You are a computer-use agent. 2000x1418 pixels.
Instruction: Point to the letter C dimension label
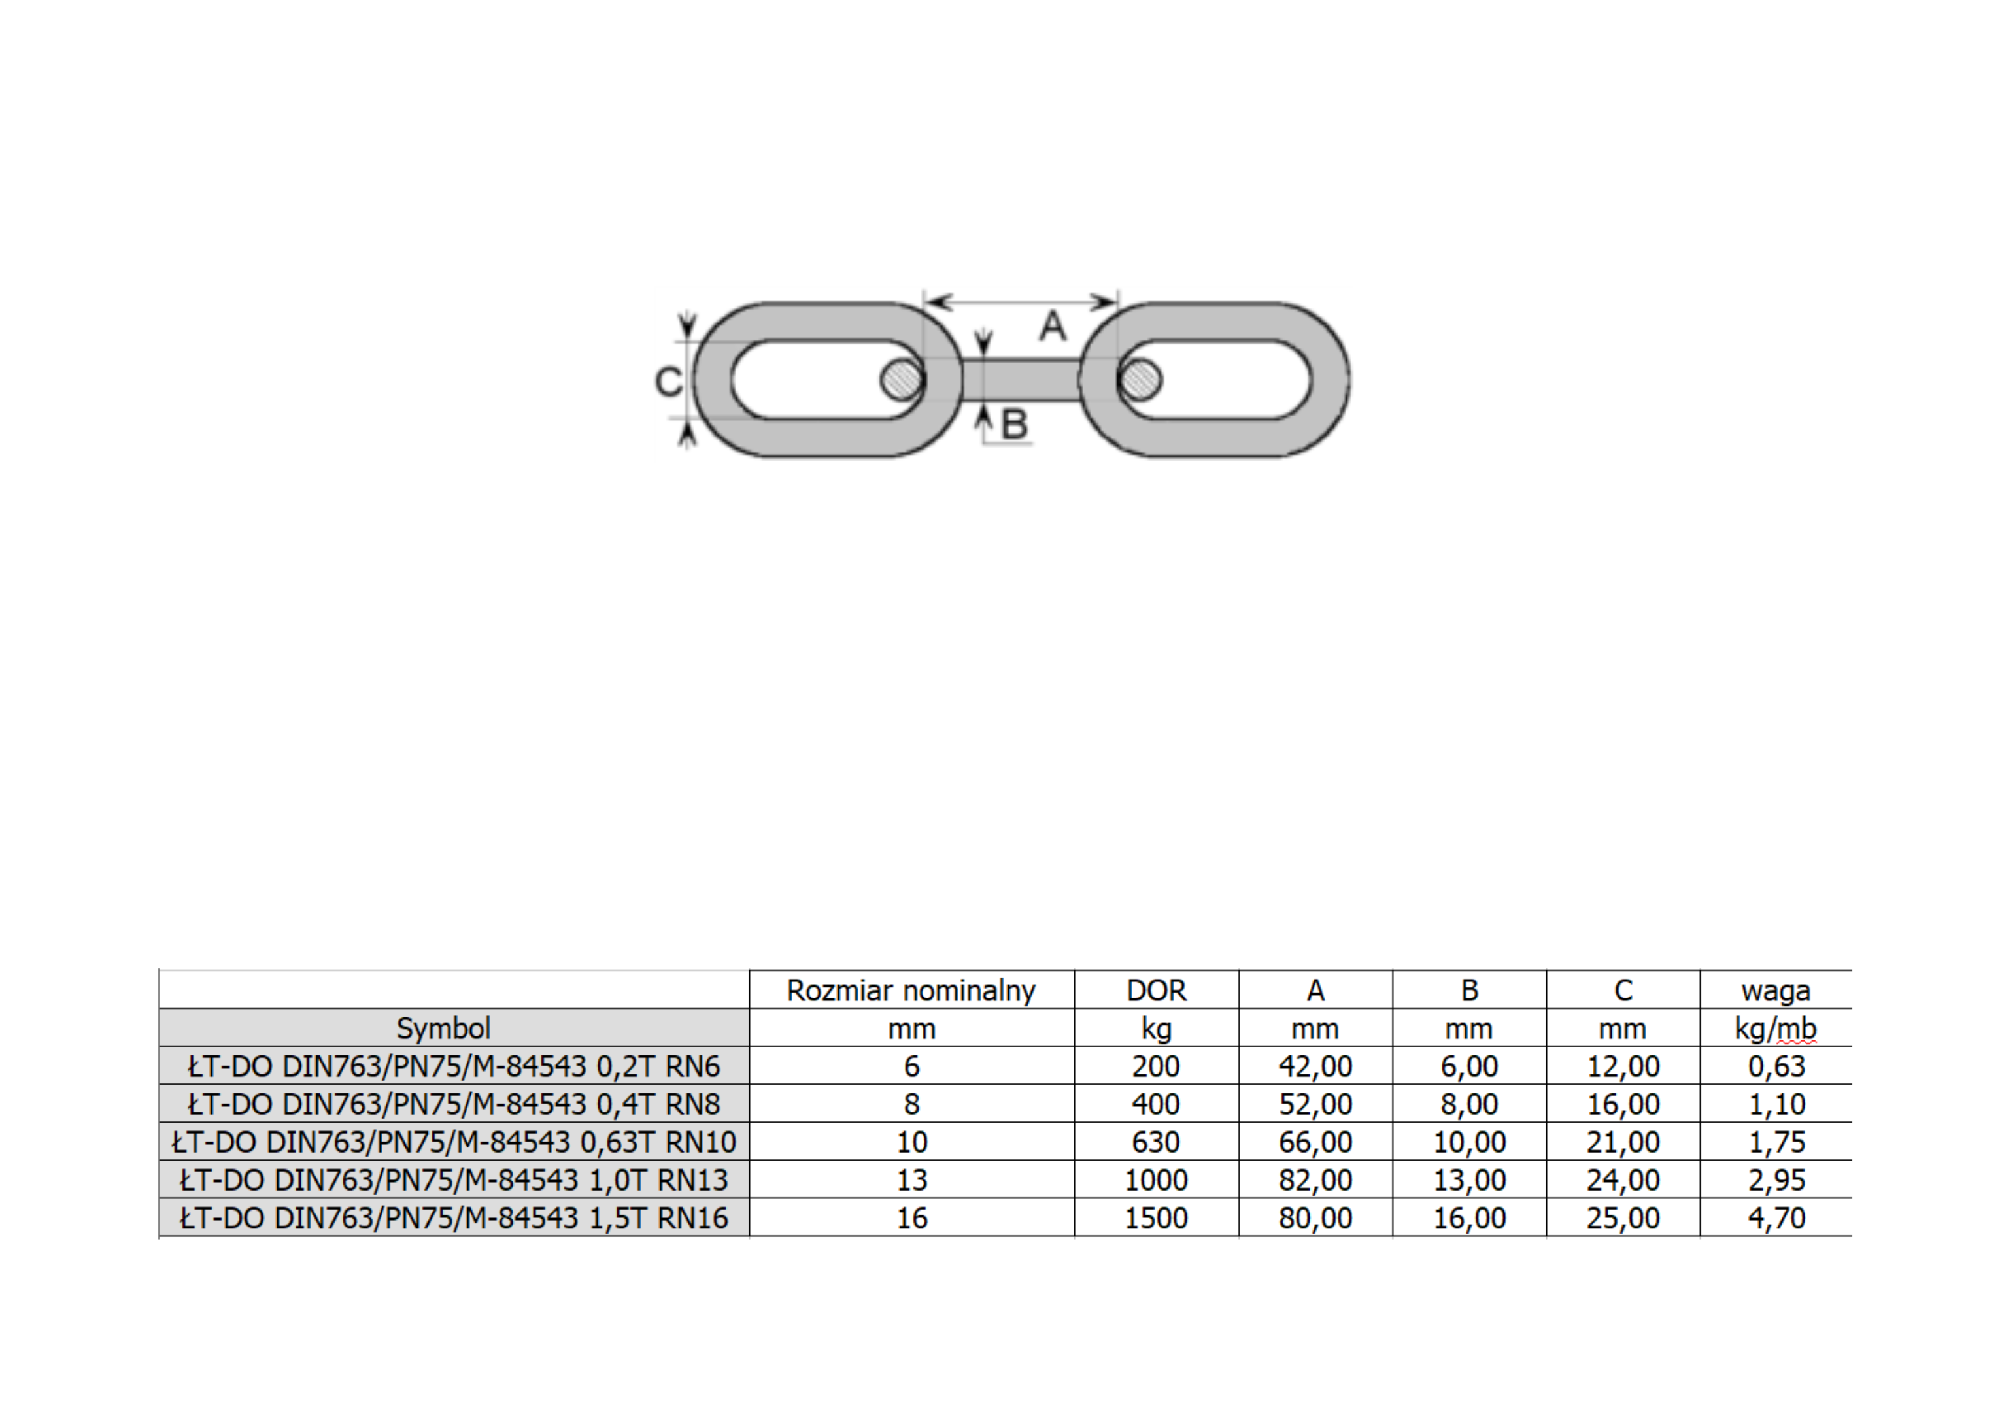point(669,382)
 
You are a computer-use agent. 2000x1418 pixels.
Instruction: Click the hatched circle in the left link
point(902,380)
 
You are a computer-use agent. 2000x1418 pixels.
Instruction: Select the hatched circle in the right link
point(1140,380)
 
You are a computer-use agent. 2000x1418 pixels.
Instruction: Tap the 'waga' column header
point(1776,992)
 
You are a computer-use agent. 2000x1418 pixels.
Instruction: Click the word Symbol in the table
point(444,1029)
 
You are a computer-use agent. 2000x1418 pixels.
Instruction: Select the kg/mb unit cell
point(1776,1029)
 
